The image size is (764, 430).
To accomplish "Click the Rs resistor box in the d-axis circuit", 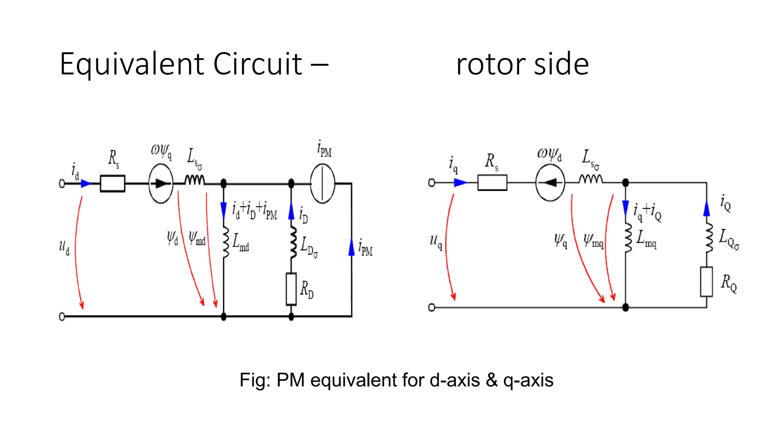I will tap(112, 183).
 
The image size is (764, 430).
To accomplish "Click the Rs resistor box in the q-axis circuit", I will tap(492, 183).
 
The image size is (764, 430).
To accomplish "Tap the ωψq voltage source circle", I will tap(161, 183).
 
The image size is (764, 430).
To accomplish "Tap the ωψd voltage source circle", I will tap(550, 183).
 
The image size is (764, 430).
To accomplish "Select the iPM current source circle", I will tap(322, 183).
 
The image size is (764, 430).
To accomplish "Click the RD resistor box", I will tap(291, 289).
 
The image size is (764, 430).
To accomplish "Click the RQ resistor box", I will tap(706, 282).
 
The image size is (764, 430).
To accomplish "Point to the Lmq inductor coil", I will tap(628, 238).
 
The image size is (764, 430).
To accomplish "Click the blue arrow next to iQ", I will tap(706, 209).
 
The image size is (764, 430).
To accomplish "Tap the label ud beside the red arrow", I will tap(64, 247).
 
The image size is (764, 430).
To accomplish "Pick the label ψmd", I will tap(197, 238).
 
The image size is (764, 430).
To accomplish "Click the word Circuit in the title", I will tap(257, 64).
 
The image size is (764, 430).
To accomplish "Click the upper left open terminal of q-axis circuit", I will tap(432, 183).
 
